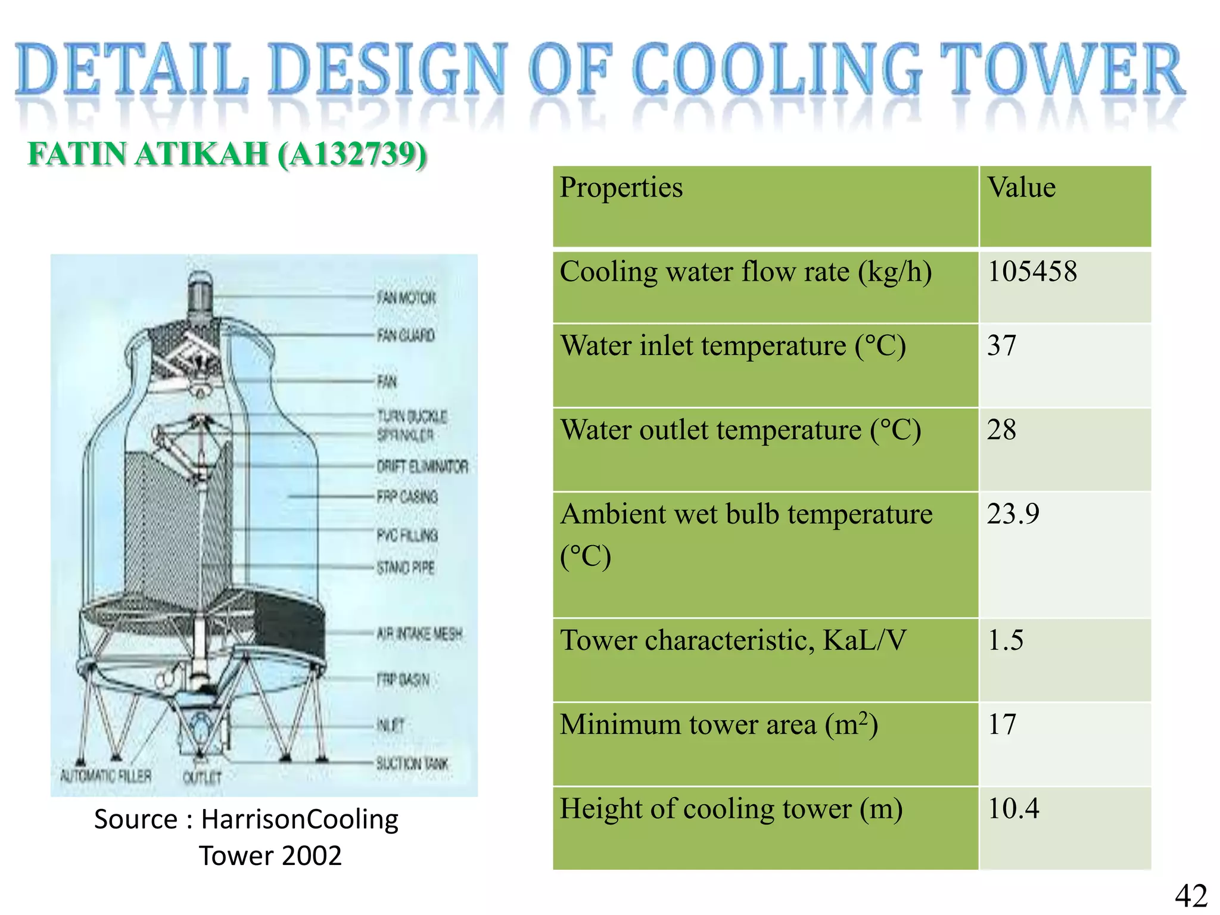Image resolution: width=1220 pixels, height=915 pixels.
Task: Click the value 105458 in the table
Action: coord(1032,272)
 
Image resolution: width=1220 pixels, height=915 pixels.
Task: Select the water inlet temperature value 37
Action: coord(1001,346)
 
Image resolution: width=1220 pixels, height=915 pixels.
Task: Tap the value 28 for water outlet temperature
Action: coord(1001,430)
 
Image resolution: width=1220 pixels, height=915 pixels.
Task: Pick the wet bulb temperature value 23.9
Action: coord(1013,513)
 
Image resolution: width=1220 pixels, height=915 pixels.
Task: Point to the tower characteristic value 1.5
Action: coord(1006,640)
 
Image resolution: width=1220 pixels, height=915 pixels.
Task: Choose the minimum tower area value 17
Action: coord(1001,724)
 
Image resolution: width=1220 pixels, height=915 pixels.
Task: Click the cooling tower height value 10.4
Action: coord(1013,808)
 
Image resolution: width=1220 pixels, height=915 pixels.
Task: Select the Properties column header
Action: coord(621,188)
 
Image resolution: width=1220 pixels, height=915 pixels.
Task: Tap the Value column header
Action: coord(1022,188)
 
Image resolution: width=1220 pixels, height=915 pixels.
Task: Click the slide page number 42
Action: coord(1191,895)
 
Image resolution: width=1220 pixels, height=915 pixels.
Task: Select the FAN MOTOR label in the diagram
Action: coord(406,297)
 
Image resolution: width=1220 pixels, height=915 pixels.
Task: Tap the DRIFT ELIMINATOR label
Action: coord(422,466)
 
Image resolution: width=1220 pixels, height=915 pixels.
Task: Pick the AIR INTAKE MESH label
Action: coord(419,633)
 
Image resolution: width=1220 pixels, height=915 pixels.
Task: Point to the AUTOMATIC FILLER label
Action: coord(106,776)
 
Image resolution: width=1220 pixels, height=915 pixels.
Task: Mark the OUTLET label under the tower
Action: coord(202,777)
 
